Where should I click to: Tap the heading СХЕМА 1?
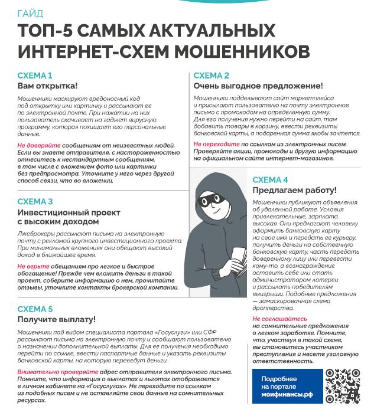[35, 76]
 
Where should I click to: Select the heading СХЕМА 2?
[212, 76]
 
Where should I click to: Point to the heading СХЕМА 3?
[35, 201]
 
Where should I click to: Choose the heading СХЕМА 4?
[271, 180]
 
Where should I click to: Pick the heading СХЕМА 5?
[35, 309]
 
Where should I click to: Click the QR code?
[343, 386]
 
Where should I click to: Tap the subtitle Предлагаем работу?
[294, 191]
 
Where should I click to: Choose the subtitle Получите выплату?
[56, 319]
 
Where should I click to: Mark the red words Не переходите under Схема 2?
[217, 144]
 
